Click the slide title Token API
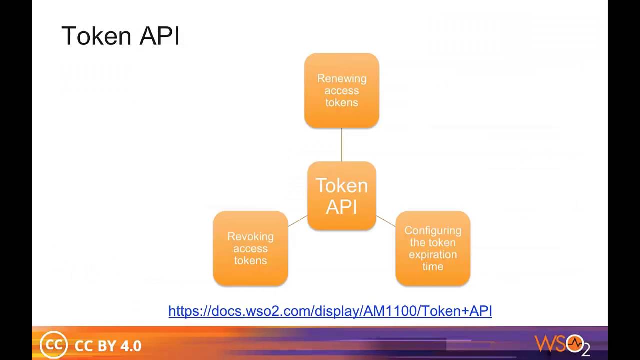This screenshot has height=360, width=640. (120, 36)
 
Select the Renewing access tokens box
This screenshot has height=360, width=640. (342, 90)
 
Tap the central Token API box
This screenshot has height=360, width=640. (342, 196)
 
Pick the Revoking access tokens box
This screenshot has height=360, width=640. (250, 248)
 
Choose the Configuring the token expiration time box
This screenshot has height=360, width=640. (433, 248)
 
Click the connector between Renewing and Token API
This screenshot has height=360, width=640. (342, 145)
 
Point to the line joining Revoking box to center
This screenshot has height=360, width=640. (298, 221)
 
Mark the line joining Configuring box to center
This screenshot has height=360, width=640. (385, 221)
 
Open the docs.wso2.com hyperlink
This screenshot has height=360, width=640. (330, 311)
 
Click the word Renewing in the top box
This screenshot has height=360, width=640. (342, 78)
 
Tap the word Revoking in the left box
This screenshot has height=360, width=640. (250, 236)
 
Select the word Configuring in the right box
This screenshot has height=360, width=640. (433, 230)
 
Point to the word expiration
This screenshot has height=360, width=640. (433, 254)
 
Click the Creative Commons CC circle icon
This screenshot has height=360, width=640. (53, 345)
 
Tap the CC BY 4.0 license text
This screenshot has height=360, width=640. (108, 346)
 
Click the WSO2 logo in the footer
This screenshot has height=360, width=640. (562, 344)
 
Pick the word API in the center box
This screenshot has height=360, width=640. (342, 206)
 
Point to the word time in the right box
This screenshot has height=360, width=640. (433, 266)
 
